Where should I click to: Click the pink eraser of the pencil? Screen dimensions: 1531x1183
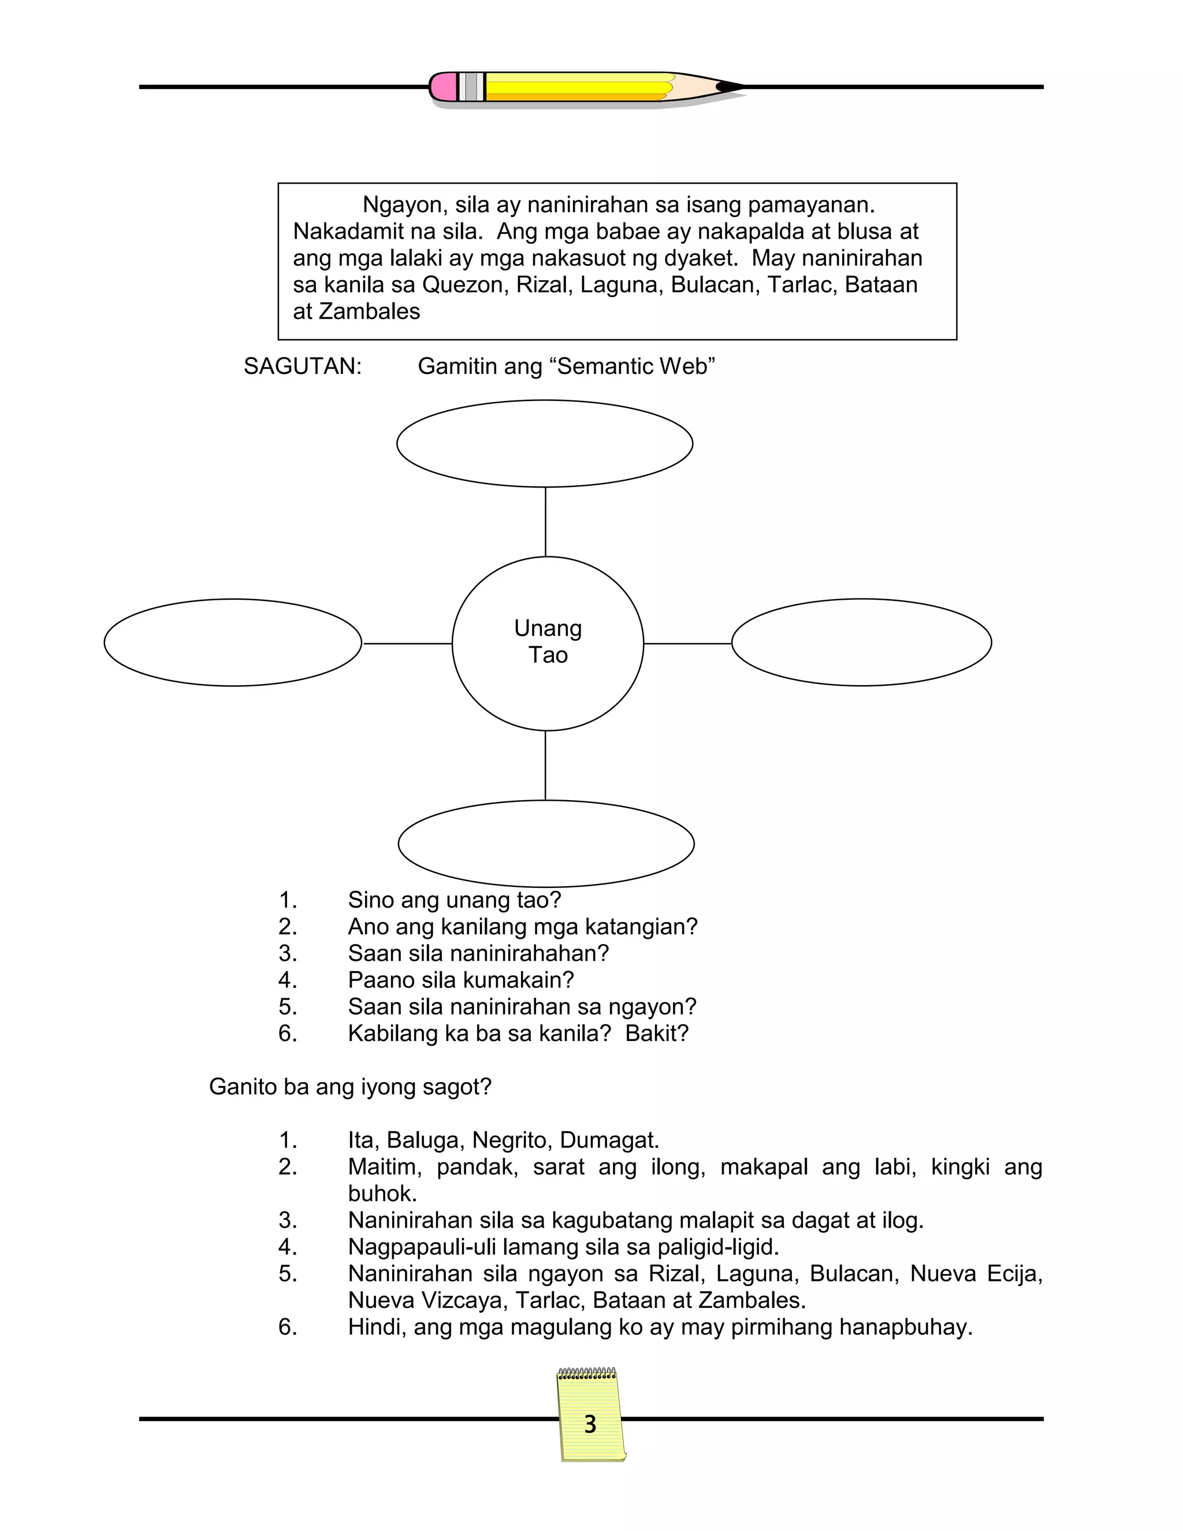[x=443, y=87]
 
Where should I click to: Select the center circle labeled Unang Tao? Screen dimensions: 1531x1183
[x=548, y=643]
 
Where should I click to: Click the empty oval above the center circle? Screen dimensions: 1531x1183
[x=545, y=443]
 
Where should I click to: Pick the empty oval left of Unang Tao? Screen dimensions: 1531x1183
[x=233, y=642]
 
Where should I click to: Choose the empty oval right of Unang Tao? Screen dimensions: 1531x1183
[x=861, y=642]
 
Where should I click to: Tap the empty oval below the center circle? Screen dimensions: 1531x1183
[x=546, y=843]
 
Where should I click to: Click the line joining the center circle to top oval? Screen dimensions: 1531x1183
[x=545, y=522]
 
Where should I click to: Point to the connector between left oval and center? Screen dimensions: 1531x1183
[x=407, y=643]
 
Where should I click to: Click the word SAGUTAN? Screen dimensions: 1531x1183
[x=302, y=367]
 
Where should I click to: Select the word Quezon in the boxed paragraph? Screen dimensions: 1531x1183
[x=464, y=285]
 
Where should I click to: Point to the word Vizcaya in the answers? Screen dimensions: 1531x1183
[x=464, y=1300]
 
